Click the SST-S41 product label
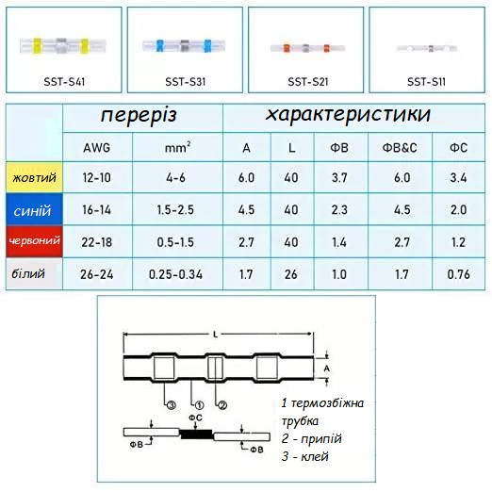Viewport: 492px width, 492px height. point(64,82)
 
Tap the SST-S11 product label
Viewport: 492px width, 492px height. point(426,82)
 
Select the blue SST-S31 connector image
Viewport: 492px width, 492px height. point(184,46)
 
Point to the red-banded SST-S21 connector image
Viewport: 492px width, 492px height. point(307,48)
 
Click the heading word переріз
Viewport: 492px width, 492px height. point(139,115)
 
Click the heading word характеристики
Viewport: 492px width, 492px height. point(348,114)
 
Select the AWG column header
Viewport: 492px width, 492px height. point(97,148)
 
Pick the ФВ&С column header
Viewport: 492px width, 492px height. point(400,147)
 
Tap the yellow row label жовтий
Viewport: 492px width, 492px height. point(34,177)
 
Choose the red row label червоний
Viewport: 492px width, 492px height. point(34,241)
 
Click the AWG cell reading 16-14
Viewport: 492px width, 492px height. point(97,210)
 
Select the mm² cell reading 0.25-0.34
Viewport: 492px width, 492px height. point(175,274)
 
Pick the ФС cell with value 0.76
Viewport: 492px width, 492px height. point(459,274)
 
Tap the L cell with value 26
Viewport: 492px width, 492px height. point(291,274)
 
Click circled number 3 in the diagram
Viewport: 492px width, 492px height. point(171,405)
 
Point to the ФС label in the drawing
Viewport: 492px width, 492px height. point(195,418)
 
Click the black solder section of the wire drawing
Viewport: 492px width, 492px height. point(196,435)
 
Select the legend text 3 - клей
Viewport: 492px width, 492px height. point(305,456)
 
